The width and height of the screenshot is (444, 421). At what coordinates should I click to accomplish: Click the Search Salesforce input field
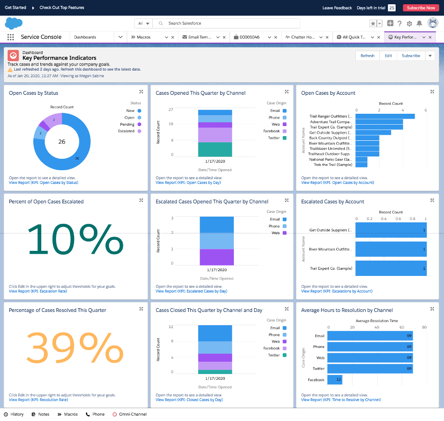[228, 23]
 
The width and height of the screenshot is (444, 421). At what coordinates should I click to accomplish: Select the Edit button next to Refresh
[388, 55]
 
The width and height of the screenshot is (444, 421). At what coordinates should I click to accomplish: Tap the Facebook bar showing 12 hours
[335, 380]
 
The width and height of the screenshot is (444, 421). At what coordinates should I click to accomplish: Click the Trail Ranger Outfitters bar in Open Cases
[385, 116]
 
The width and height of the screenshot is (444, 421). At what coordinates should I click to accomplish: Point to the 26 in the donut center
[62, 141]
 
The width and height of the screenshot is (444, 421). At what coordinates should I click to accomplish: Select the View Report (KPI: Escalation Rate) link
[38, 291]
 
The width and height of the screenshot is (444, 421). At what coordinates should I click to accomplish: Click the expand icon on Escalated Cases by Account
[432, 201]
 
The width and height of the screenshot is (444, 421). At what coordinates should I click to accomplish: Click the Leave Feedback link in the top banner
[337, 8]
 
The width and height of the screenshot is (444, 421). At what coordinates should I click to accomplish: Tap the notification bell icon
[419, 23]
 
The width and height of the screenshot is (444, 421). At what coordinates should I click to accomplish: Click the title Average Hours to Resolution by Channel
[347, 310]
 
